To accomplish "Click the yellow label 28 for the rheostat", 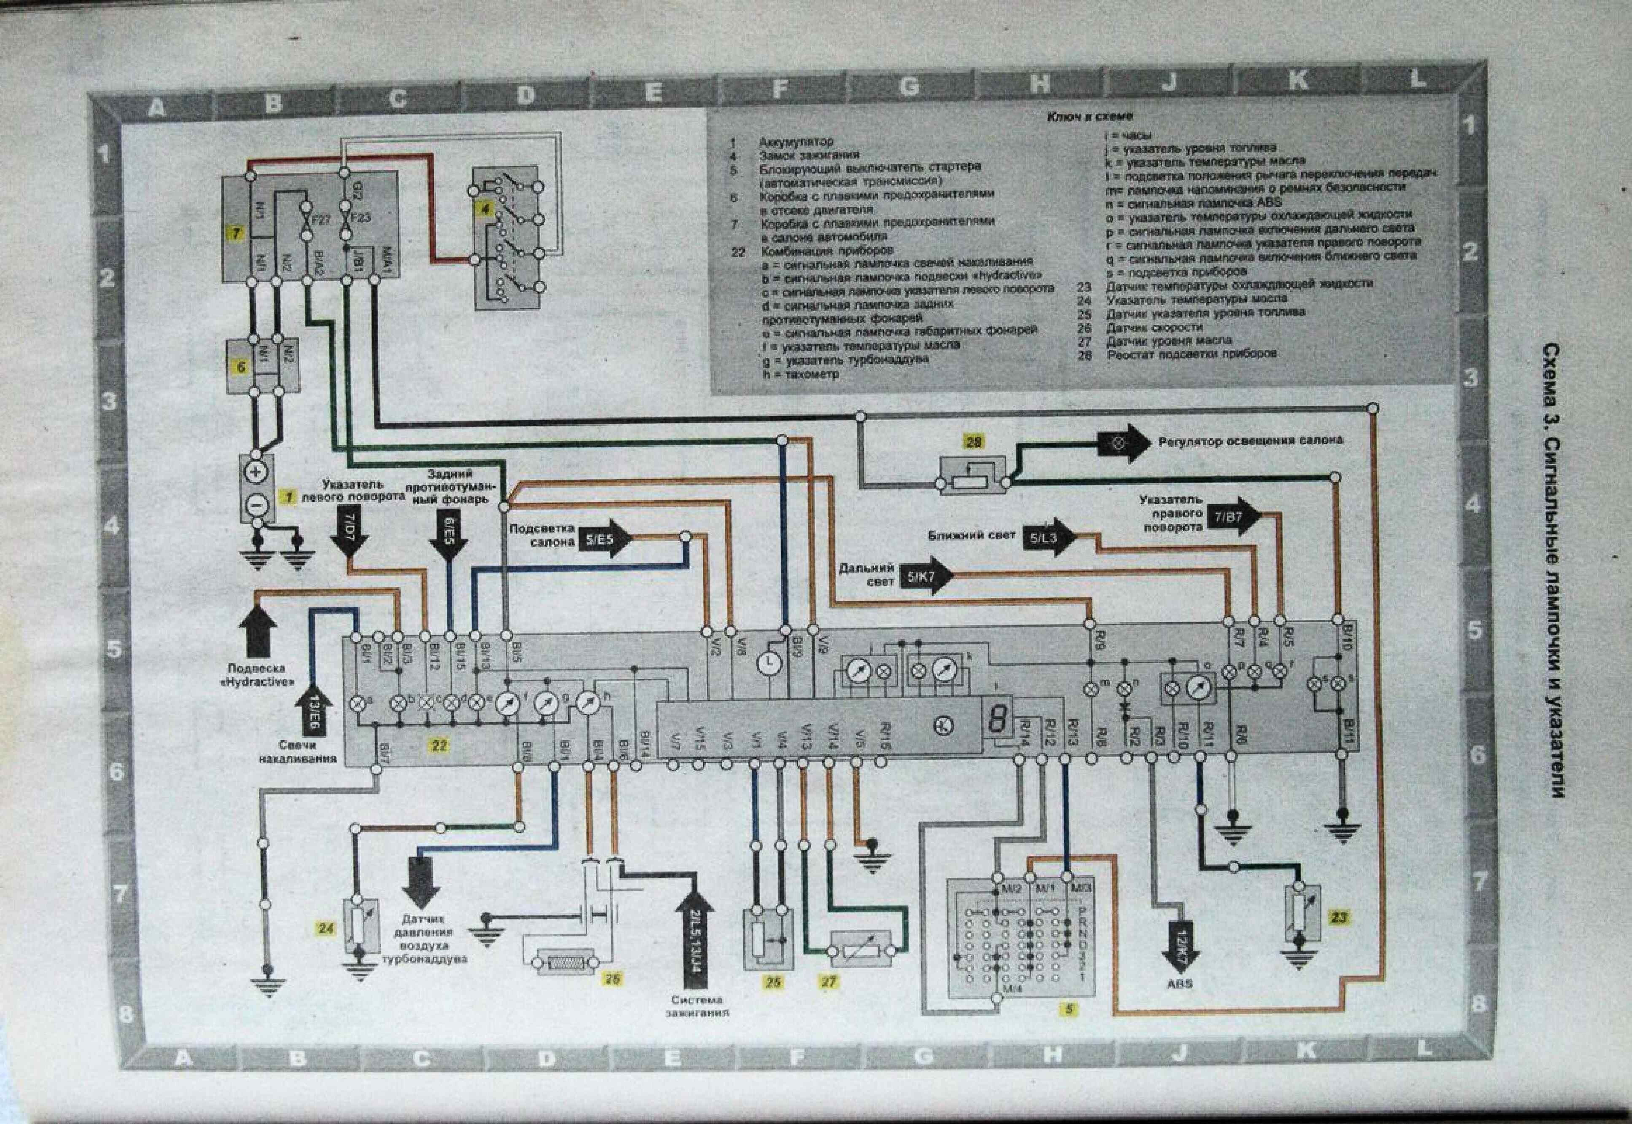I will click(973, 442).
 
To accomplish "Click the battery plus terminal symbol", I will click(256, 472).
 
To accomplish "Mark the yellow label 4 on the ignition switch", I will click(485, 209).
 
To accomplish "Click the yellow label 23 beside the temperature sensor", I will click(1338, 917).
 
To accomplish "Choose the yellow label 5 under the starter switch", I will click(1069, 1009).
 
